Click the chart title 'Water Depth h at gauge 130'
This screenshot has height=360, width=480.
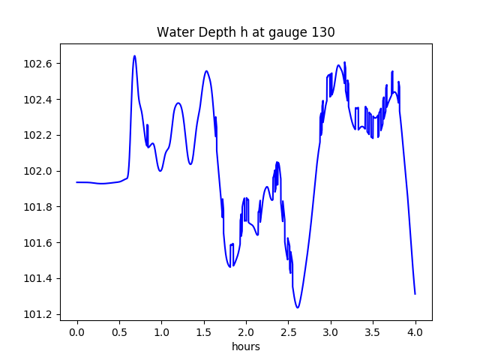pos(245,32)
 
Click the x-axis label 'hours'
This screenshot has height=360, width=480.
pos(245,347)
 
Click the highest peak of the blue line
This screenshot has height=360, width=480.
pos(134,56)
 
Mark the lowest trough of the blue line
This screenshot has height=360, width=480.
pos(298,307)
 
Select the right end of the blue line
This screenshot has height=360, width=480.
pos(415,294)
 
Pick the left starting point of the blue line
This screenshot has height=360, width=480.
pos(77,182)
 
